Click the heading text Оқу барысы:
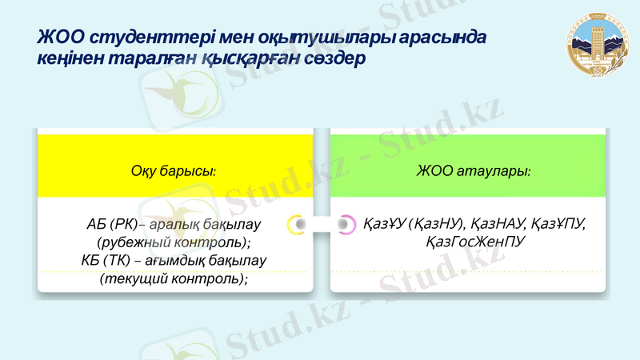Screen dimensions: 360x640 tap(174, 170)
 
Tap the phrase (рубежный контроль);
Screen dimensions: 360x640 tap(174, 242)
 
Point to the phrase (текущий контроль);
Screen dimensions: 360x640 tap(174, 278)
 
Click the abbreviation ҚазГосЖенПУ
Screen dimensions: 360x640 tap(475, 242)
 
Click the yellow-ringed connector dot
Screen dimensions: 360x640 tap(297, 225)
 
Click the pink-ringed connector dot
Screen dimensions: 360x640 tap(346, 225)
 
